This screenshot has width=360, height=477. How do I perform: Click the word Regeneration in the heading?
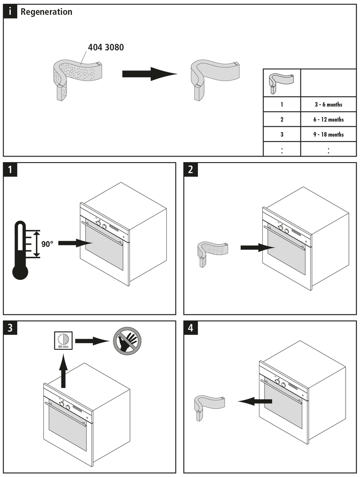pyautogui.click(x=46, y=12)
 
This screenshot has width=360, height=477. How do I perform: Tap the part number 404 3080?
pyautogui.click(x=106, y=48)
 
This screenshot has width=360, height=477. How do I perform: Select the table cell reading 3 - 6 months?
pyautogui.click(x=328, y=104)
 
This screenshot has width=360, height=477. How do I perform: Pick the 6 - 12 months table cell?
pyautogui.click(x=328, y=120)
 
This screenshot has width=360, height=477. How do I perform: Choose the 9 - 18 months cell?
pyautogui.click(x=328, y=135)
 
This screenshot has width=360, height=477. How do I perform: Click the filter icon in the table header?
pyautogui.click(x=281, y=82)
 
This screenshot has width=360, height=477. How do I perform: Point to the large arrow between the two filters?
pyautogui.click(x=149, y=74)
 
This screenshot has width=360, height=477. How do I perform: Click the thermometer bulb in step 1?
pyautogui.click(x=20, y=272)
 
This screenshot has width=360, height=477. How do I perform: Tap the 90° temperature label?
pyautogui.click(x=47, y=243)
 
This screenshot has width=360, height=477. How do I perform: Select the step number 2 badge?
pyautogui.click(x=190, y=170)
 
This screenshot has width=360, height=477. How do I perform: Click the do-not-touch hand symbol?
pyautogui.click(x=125, y=341)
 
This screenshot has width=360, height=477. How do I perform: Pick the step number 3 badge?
pyautogui.click(x=11, y=328)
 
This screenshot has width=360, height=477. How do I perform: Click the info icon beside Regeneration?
pyautogui.click(x=10, y=12)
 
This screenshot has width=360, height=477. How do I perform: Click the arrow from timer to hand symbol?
pyautogui.click(x=91, y=341)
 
